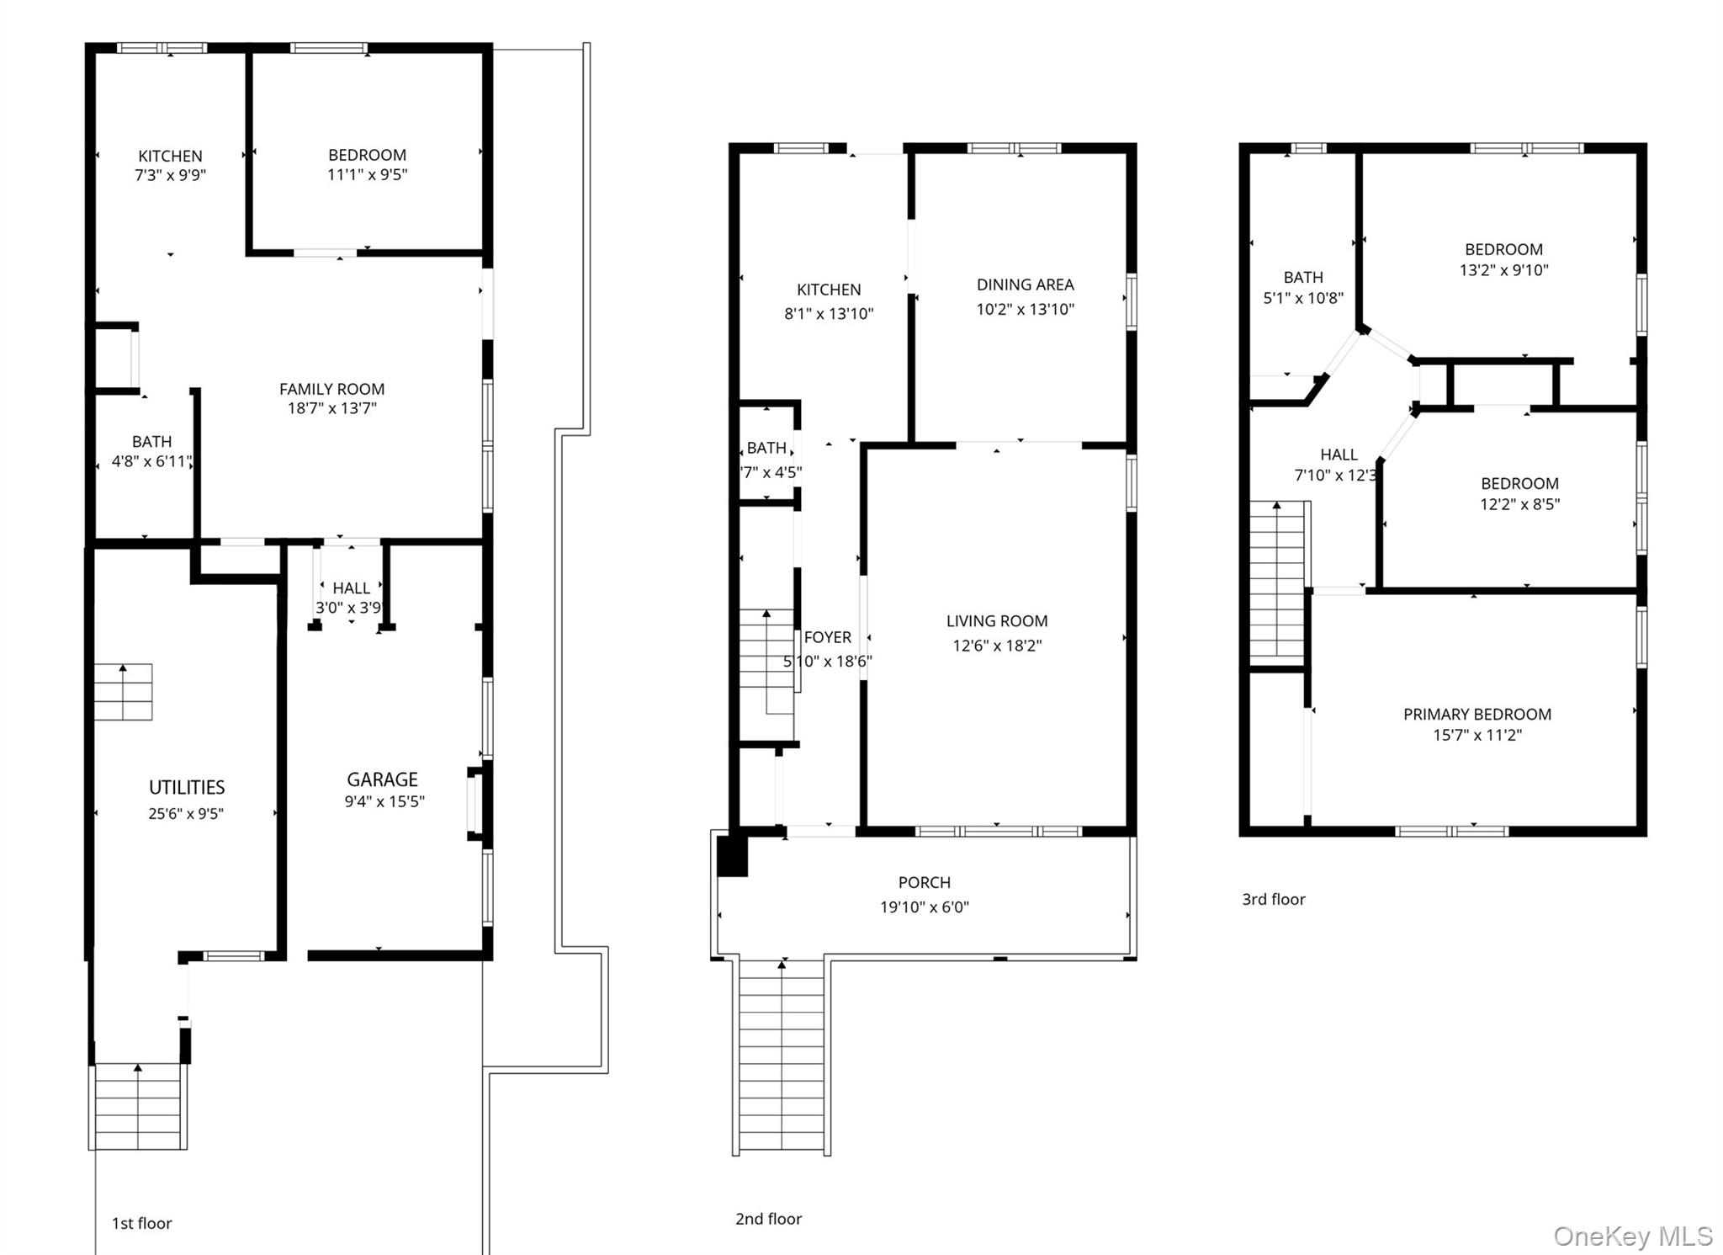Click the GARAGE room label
pyautogui.click(x=382, y=779)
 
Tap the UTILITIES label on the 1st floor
pyautogui.click(x=187, y=787)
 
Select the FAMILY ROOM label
pyautogui.click(x=331, y=389)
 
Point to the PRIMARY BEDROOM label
pyautogui.click(x=1477, y=714)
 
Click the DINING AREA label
pyautogui.click(x=1025, y=285)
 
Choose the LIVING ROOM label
pyautogui.click(x=997, y=621)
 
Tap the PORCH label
pyautogui.click(x=924, y=882)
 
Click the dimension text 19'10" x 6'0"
pyautogui.click(x=924, y=907)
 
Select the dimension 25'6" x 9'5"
pyautogui.click(x=186, y=813)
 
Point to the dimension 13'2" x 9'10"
pyautogui.click(x=1503, y=270)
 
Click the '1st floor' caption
pyautogui.click(x=141, y=1223)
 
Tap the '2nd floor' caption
pyautogui.click(x=768, y=1219)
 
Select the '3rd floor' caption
pyautogui.click(x=1274, y=899)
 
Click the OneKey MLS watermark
pyautogui.click(x=1633, y=1236)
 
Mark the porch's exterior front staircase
pyautogui.click(x=782, y=1057)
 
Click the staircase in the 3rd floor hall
pyautogui.click(x=1277, y=582)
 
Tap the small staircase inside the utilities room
pyautogui.click(x=123, y=692)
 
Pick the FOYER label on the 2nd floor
pyautogui.click(x=827, y=637)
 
